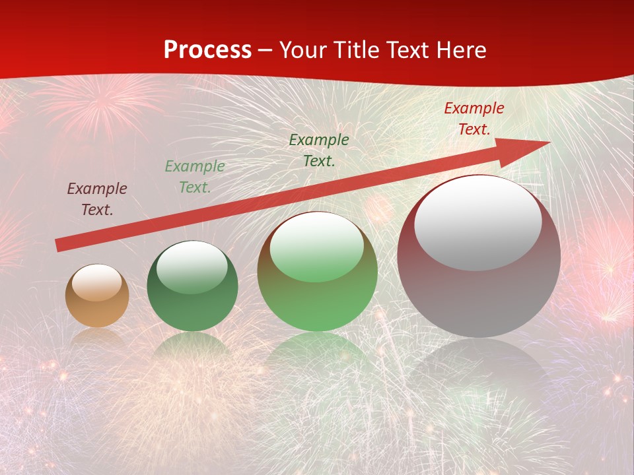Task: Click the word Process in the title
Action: [207, 50]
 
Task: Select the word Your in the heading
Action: [303, 50]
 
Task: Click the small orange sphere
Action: [97, 296]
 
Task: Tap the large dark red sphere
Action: [479, 257]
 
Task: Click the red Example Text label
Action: [474, 119]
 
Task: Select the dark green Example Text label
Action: [319, 150]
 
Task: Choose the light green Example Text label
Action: [195, 177]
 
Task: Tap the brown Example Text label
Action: [97, 199]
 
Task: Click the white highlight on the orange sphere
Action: [97, 282]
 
